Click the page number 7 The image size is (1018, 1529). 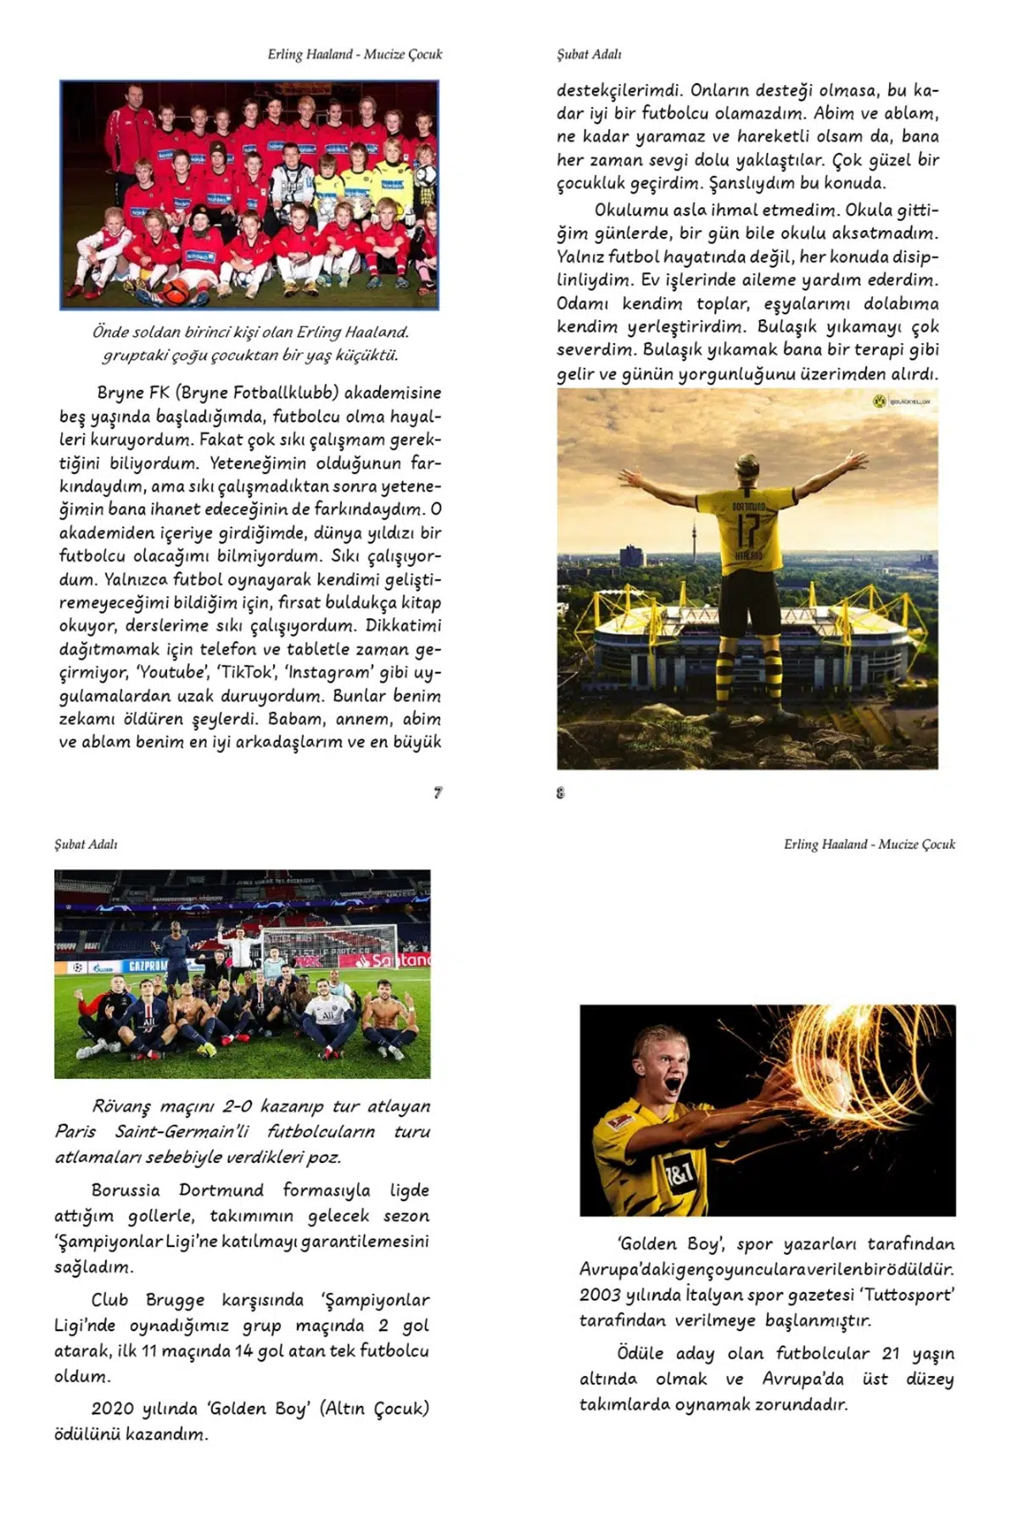[x=438, y=792]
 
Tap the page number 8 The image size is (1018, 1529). [x=560, y=793]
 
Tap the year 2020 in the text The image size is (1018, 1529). [x=112, y=1408]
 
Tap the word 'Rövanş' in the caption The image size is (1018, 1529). [x=121, y=1106]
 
